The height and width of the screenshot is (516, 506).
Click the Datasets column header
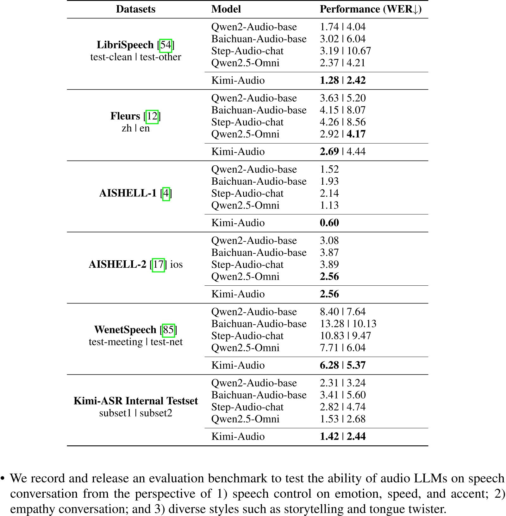pos(135,9)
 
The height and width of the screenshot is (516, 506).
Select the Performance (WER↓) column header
pos(370,9)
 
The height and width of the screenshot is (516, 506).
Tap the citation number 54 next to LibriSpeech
pos(166,45)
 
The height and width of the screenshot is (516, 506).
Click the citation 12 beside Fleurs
pos(152,116)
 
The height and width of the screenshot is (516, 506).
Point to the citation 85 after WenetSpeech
pos(168,330)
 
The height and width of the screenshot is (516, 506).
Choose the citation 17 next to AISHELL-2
pos(158,264)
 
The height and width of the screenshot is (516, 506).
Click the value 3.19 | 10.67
pos(345,51)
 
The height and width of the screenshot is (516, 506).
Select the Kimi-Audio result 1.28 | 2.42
pos(342,80)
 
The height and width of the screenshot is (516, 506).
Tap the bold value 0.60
pos(329,223)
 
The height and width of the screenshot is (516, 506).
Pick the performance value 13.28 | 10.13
pos(348,324)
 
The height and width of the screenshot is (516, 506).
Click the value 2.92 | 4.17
pos(342,134)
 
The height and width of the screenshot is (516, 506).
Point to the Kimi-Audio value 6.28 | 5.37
pos(342,365)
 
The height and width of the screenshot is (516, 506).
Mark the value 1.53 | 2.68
pos(342,419)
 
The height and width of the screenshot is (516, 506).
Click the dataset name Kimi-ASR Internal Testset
pos(135,401)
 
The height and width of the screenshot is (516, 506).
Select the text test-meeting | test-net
pos(135,342)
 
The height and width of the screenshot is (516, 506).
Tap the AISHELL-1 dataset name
pos(128,193)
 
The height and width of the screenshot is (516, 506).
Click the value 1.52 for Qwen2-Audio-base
pos(329,169)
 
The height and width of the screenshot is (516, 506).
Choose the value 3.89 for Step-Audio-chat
pos(329,264)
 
